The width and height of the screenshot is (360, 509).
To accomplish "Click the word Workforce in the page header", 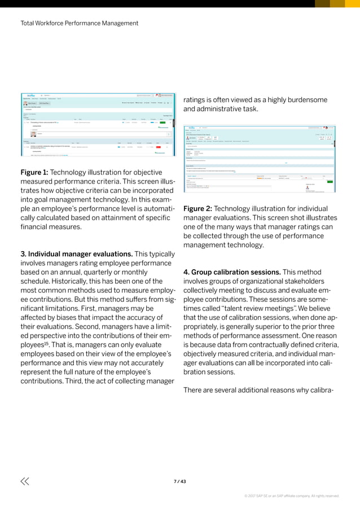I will coord(56,23).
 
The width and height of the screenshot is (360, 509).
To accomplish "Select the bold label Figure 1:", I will coord(37,172).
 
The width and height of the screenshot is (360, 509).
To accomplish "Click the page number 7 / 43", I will coord(179,481).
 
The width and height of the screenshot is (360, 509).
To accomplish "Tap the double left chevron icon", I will coord(24,481).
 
